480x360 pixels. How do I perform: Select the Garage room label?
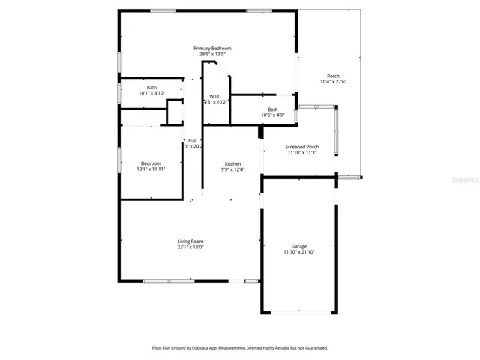(x=299, y=247)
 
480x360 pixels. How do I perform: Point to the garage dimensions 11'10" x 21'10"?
(x=299, y=253)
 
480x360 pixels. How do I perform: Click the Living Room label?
(x=190, y=241)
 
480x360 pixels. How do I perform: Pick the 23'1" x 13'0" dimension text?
(x=190, y=247)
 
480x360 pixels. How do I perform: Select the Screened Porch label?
(x=303, y=147)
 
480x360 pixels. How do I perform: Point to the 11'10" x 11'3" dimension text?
(x=303, y=153)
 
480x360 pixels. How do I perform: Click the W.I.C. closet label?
(x=215, y=96)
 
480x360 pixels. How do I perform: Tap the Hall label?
(x=193, y=140)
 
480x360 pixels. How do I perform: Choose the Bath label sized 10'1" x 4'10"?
(x=151, y=88)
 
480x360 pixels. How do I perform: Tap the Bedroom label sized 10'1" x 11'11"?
(x=151, y=163)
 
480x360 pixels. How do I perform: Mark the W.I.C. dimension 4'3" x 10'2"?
(x=216, y=102)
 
